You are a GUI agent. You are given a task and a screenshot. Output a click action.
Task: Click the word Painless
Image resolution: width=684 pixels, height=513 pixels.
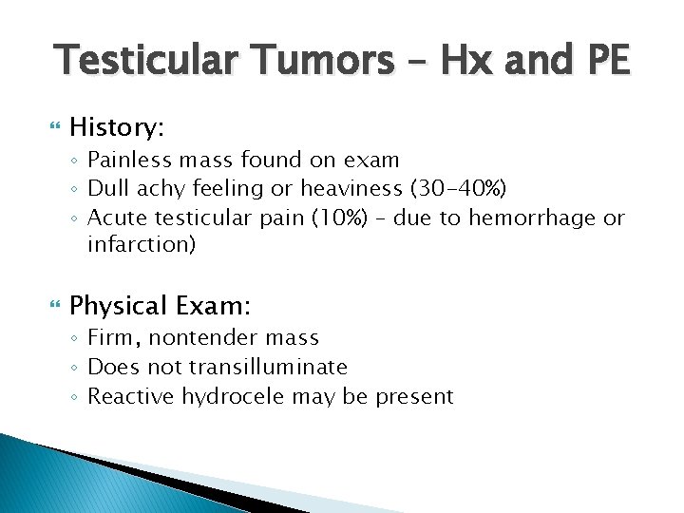click(126, 160)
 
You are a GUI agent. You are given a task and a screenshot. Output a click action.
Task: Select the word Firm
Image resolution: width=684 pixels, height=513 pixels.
click(109, 337)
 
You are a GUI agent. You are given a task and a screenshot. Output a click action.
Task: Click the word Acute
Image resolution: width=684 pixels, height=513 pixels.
click(114, 218)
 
